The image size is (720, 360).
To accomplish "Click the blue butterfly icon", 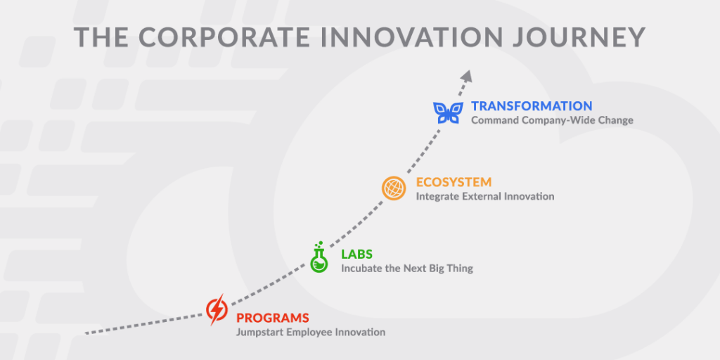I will [x=448, y=112].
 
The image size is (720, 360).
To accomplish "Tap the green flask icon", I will [x=319, y=258].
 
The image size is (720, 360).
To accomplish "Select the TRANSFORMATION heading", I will [x=532, y=106].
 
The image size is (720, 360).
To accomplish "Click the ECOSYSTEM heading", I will [x=454, y=183].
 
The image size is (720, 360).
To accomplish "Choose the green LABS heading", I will [x=358, y=254].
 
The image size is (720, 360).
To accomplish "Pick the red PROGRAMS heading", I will [x=272, y=318].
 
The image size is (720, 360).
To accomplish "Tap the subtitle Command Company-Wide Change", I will [x=552, y=121].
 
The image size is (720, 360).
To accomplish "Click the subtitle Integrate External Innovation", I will [x=484, y=197].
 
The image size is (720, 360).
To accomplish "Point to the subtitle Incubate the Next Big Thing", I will [x=407, y=268].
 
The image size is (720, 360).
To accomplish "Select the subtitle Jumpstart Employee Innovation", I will [x=310, y=332].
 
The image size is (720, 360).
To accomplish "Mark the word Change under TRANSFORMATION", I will [x=616, y=121].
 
